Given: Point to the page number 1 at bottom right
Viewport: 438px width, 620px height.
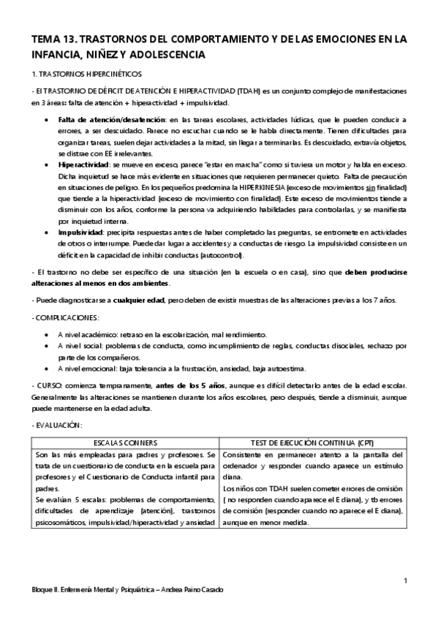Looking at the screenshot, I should [404, 581].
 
